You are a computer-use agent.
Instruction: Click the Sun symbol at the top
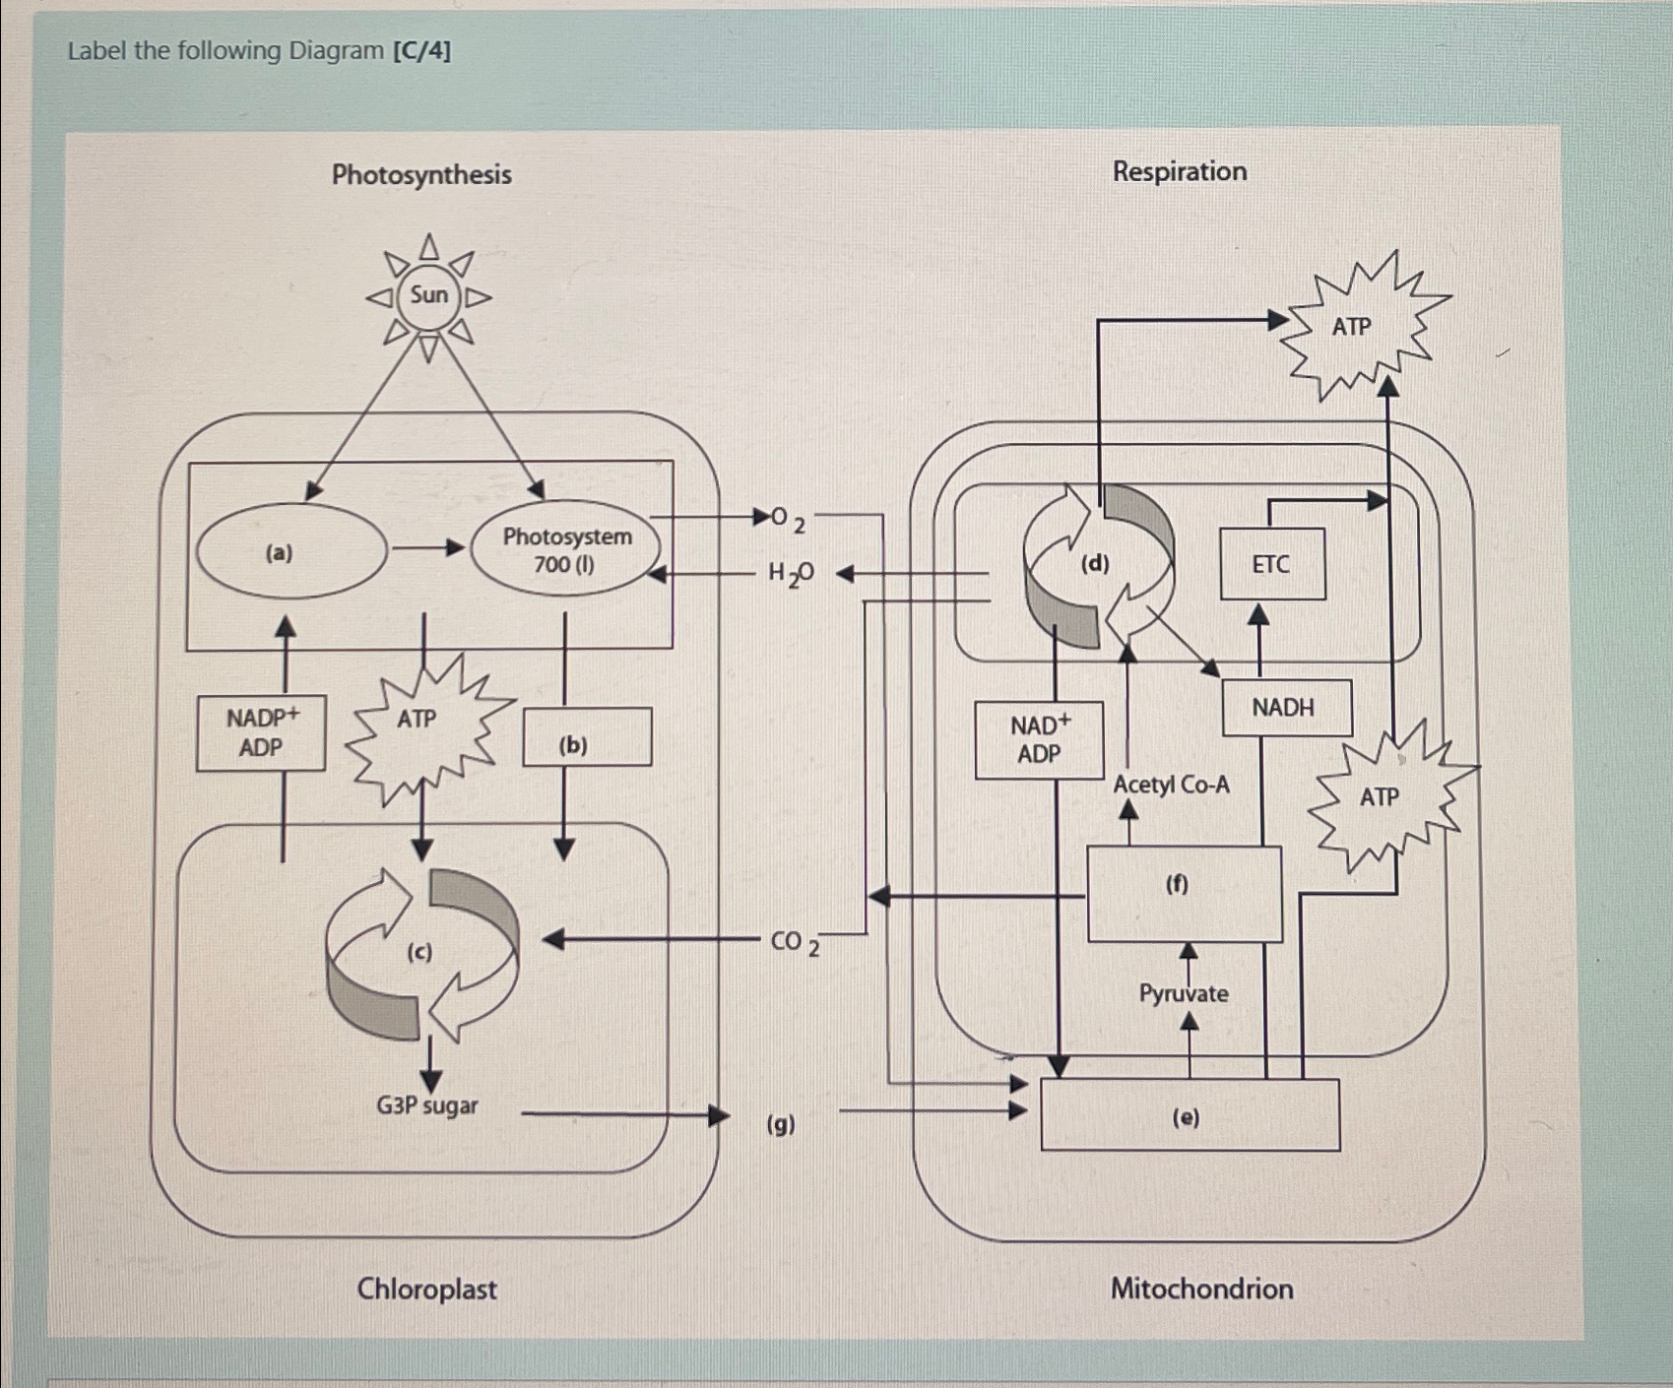pos(428,295)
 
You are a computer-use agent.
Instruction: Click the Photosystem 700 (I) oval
pos(565,550)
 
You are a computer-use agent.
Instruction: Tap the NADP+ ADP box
pos(261,732)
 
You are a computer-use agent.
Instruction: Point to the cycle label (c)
pos(420,953)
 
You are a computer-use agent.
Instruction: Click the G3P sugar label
pos(426,1105)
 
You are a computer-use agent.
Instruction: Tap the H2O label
pos(791,573)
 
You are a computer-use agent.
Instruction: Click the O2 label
pos(788,519)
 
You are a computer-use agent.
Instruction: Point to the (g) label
pos(781,1123)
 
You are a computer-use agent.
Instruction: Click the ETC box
pos(1271,564)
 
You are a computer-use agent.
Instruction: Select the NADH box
pos(1285,707)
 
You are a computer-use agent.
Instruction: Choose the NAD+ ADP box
pos(1039,739)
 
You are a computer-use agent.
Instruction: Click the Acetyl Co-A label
pos(1171,785)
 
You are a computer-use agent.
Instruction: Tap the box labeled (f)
pos(1184,893)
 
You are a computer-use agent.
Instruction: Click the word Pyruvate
pos(1184,993)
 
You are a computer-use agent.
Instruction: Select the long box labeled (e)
pos(1189,1115)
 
